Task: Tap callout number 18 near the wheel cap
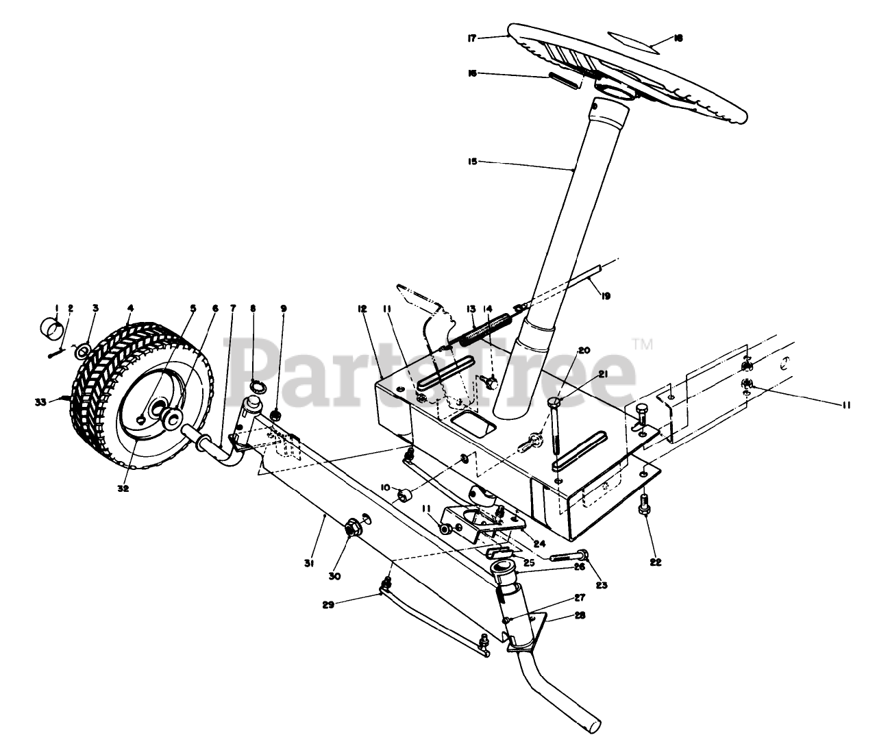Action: [678, 38]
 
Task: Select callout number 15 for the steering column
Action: [471, 162]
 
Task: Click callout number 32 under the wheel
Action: [123, 488]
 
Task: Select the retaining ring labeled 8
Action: [257, 387]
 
